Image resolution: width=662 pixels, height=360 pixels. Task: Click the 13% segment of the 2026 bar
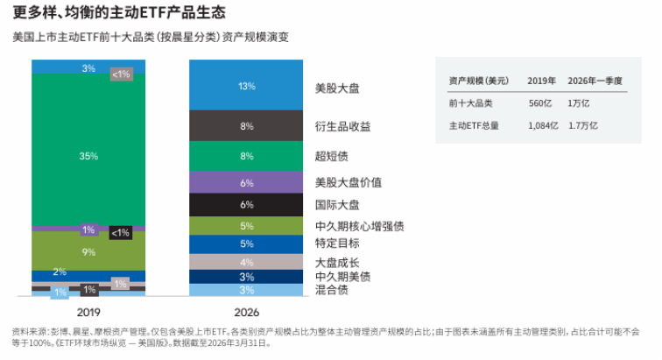246,85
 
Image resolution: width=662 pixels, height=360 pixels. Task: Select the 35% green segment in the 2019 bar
88,150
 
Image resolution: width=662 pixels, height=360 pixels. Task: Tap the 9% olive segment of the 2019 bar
88,251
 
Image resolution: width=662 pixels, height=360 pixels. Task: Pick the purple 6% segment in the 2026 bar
246,182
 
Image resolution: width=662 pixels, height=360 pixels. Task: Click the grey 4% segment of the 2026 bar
246,262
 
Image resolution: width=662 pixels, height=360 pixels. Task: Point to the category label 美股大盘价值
349,182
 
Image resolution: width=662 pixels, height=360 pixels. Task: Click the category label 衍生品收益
343,126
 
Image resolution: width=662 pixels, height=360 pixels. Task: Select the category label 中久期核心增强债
360,227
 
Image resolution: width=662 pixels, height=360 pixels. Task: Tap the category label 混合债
331,290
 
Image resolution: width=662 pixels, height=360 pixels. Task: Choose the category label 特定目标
337,244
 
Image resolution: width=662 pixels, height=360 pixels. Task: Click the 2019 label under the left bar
88,312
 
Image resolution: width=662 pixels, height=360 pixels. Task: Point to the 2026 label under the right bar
247,312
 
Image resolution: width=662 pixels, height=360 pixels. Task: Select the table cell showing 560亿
540,103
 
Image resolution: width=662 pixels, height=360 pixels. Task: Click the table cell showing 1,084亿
543,125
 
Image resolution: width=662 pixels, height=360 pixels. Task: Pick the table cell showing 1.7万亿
583,125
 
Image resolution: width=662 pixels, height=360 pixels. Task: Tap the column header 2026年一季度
595,81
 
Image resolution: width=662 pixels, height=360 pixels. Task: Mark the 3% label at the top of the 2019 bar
88,68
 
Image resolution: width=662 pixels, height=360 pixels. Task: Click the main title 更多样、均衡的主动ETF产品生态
119,12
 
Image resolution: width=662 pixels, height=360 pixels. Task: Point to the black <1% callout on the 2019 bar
121,233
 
